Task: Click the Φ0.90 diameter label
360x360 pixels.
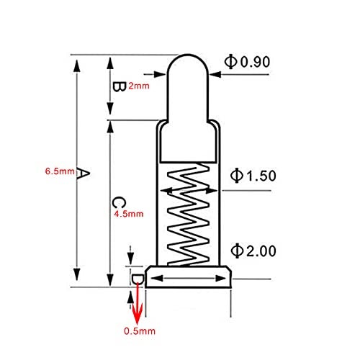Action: click(x=247, y=62)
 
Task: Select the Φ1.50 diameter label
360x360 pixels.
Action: click(x=253, y=176)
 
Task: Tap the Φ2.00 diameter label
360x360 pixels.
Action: click(x=253, y=251)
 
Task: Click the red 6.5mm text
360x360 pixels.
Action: click(x=60, y=171)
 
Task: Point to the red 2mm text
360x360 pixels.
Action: click(x=139, y=86)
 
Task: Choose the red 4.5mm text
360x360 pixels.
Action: click(x=129, y=214)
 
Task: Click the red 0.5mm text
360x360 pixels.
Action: click(x=140, y=331)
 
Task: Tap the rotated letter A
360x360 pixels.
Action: click(x=83, y=173)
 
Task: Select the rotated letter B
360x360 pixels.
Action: click(x=120, y=86)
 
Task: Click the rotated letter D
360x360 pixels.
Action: click(x=138, y=279)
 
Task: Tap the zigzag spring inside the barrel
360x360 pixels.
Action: click(x=188, y=215)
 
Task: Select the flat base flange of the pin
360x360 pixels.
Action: click(x=188, y=276)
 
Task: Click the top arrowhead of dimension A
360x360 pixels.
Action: click(x=77, y=66)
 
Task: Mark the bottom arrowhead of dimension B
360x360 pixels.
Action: click(x=110, y=109)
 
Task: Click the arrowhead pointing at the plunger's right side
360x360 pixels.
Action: click(x=215, y=74)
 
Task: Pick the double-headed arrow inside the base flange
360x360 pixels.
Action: click(x=189, y=279)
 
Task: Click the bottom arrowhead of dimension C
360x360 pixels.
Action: click(x=110, y=280)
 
